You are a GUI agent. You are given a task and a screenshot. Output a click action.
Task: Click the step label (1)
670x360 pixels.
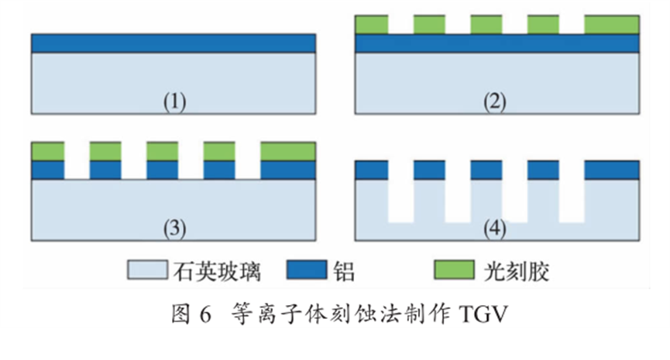(x=174, y=101)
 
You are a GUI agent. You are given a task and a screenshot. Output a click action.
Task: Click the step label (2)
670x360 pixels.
(x=496, y=101)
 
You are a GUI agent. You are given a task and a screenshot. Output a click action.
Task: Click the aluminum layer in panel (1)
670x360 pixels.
(x=174, y=43)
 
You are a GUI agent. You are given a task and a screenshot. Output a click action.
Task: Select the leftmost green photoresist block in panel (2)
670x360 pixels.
(x=371, y=25)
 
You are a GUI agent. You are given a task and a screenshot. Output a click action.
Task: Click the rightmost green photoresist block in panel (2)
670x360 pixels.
(x=612, y=25)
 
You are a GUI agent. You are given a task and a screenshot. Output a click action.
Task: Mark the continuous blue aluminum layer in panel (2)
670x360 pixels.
(x=496, y=43)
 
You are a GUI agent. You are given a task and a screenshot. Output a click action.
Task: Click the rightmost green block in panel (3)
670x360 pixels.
(x=288, y=151)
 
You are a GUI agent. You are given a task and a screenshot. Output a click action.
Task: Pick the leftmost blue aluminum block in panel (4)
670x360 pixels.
(x=371, y=170)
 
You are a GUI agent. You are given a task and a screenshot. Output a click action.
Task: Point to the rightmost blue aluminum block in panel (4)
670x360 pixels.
(x=612, y=170)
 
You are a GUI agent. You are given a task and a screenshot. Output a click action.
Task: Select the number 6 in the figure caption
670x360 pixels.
(x=206, y=314)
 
